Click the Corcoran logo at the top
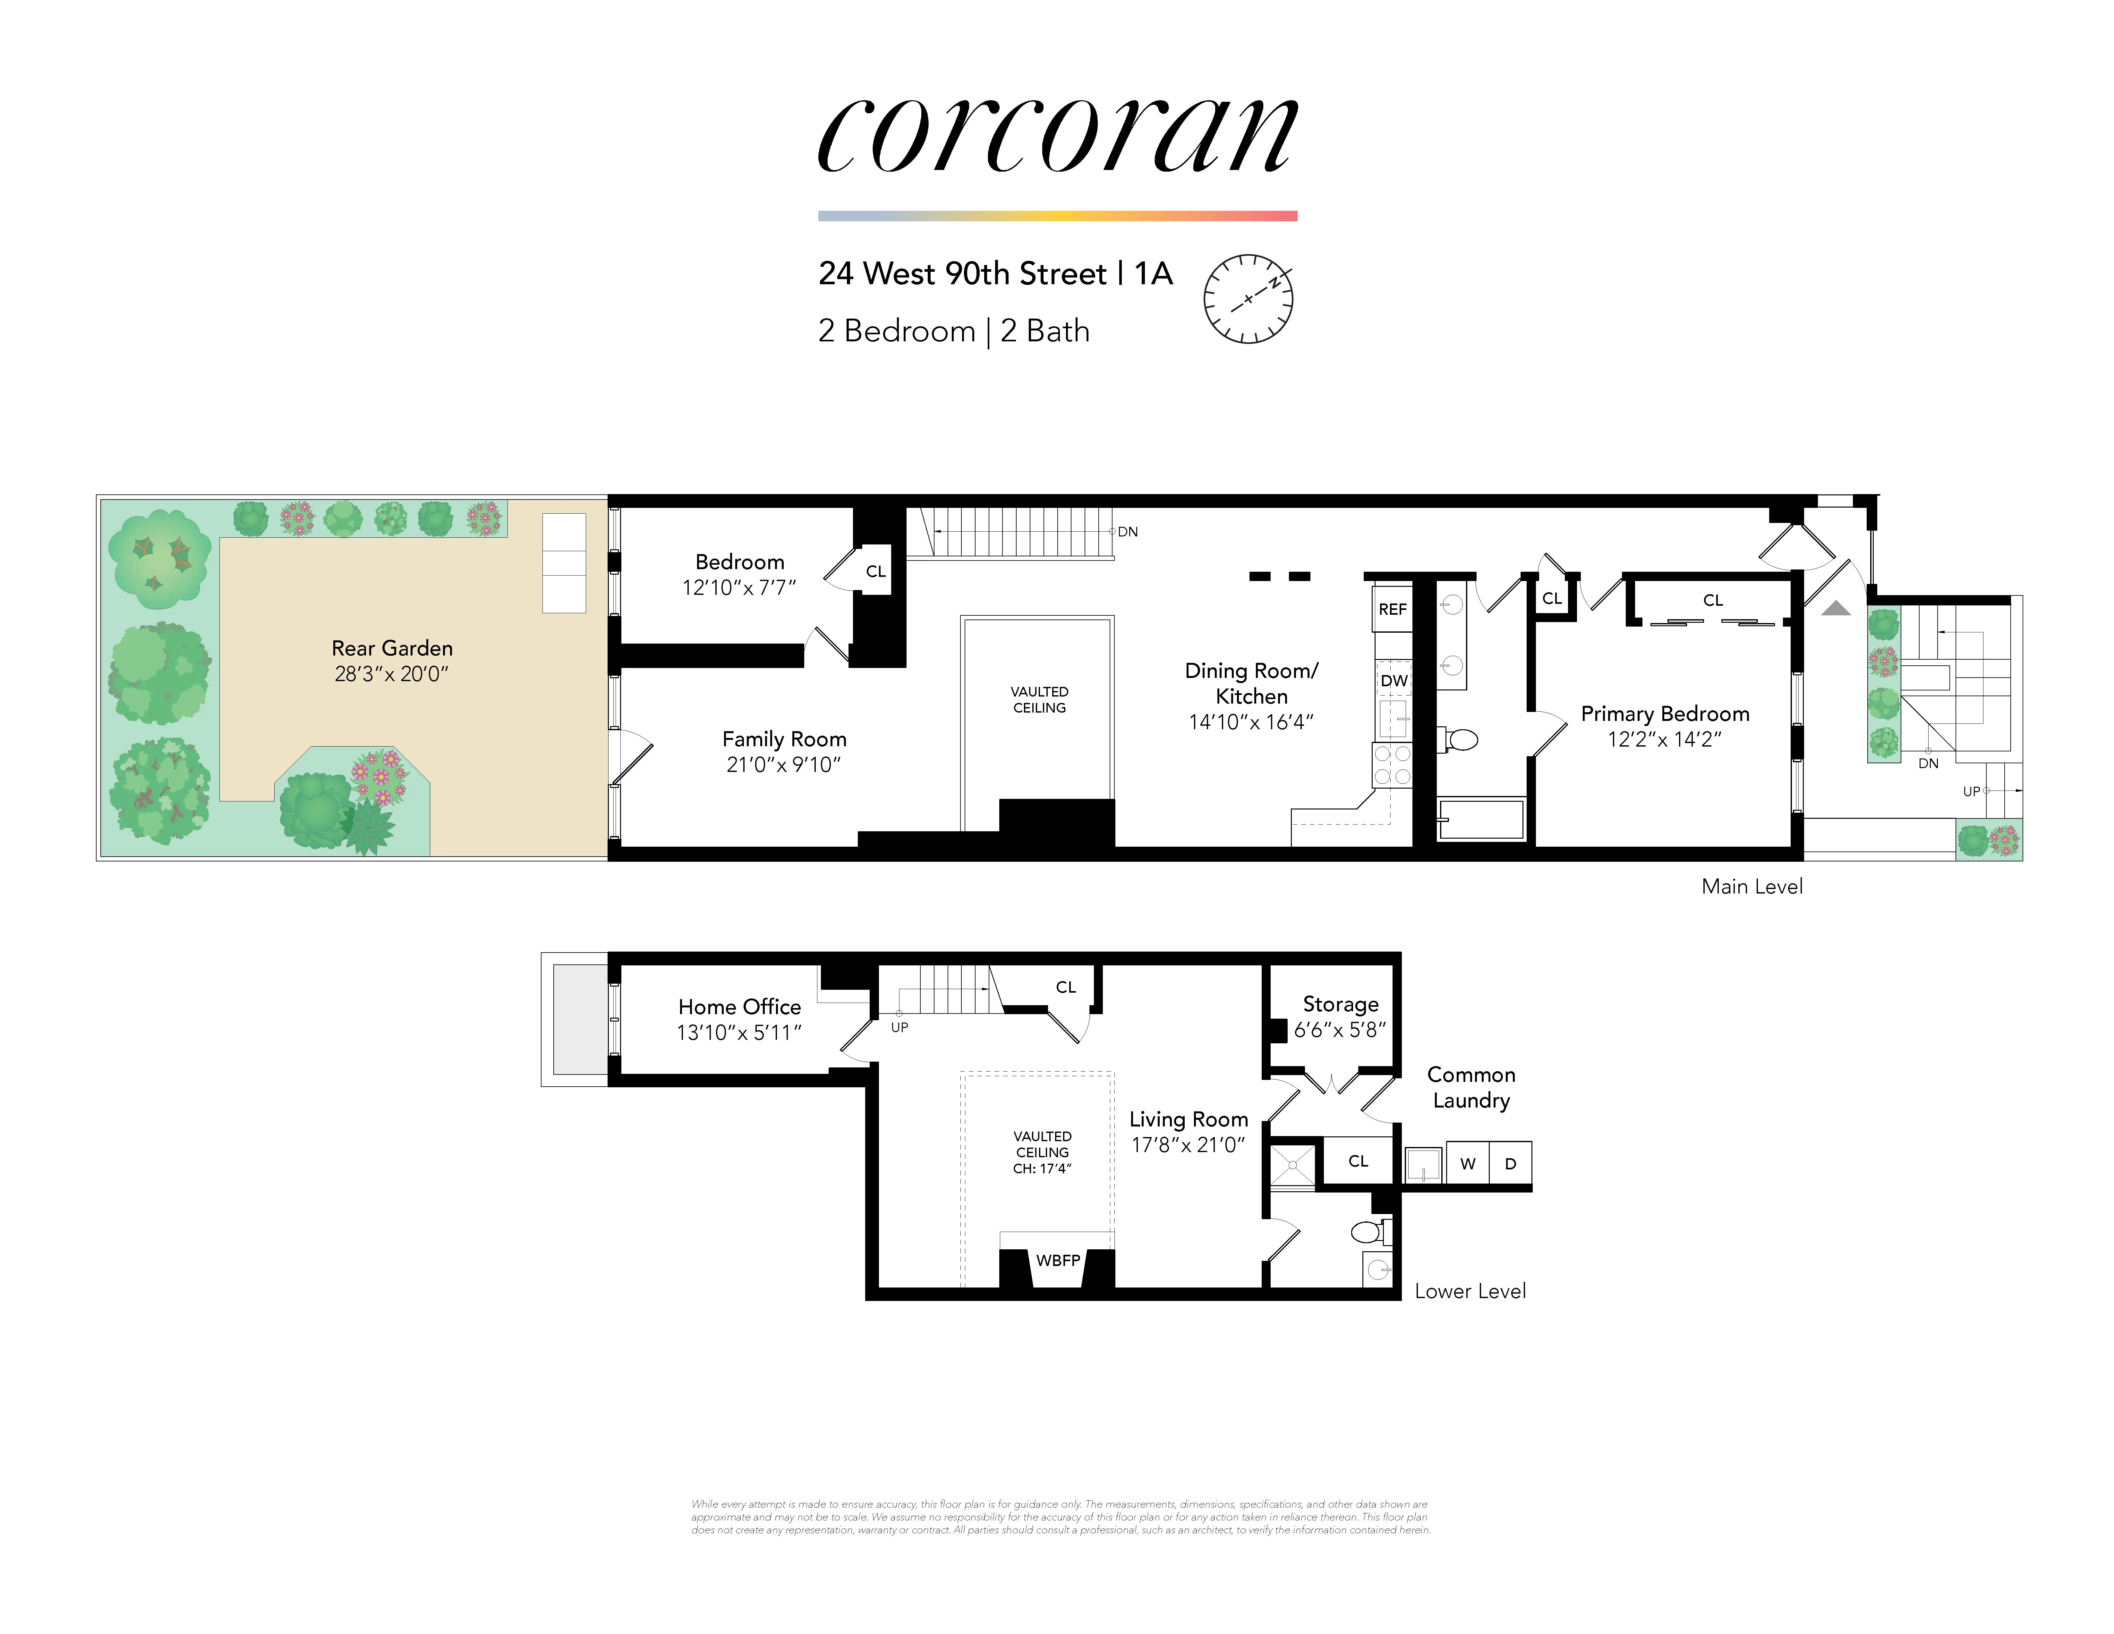(1057, 135)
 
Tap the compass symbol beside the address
(1248, 299)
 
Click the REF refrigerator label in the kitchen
(1392, 609)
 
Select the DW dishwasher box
(1394, 680)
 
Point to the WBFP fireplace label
(1058, 1260)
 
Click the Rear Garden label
(392, 647)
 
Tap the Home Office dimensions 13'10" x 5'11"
(739, 1033)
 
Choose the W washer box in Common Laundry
(1467, 1164)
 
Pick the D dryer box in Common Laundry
(1510, 1164)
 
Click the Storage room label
(1341, 1004)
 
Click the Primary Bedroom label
(1665, 714)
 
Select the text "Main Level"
(1752, 886)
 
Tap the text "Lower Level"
(1469, 1290)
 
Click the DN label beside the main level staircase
(1128, 531)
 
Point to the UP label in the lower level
(899, 1027)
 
